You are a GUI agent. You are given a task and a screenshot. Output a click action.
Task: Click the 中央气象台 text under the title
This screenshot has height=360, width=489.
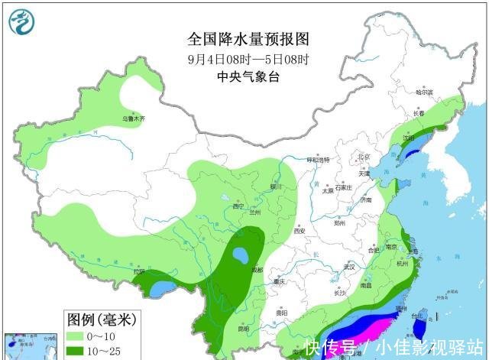click(x=244, y=76)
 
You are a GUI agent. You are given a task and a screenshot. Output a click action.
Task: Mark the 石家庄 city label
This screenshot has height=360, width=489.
click(x=341, y=186)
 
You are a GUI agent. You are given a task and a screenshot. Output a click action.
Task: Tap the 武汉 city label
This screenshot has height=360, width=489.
click(x=351, y=267)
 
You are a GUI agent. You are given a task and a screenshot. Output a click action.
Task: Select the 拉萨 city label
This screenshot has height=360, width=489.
click(x=139, y=271)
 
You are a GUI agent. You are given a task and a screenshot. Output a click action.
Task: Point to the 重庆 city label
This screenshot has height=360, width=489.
click(x=287, y=282)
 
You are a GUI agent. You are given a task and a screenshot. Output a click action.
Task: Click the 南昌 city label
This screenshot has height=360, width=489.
click(x=367, y=284)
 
